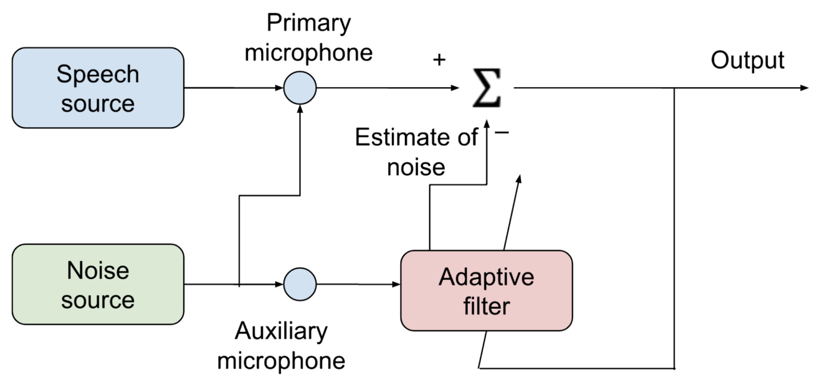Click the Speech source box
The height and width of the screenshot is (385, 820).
pos(98,88)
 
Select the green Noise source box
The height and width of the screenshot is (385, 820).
pos(98,285)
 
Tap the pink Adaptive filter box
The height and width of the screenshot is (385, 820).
pos(486,291)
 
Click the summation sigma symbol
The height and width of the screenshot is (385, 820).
pos(486,88)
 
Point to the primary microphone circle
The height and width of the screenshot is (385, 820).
pos(300,88)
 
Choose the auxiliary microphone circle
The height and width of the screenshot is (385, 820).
pos(300,284)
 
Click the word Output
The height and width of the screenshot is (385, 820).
pos(747,61)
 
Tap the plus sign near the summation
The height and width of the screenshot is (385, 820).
pos(438,60)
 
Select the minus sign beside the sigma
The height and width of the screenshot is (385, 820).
pos(502,131)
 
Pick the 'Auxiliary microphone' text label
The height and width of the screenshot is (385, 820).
pos(281,346)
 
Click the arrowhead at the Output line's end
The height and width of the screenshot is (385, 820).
pos(805,88)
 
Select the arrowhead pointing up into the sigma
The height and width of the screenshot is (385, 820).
pos(486,124)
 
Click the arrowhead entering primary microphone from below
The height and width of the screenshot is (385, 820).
pos(300,108)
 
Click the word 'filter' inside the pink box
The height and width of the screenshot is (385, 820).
pos(486,307)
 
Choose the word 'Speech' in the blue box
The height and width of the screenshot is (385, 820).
pos(98,75)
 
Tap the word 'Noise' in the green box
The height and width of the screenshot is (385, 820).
pos(98,271)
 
